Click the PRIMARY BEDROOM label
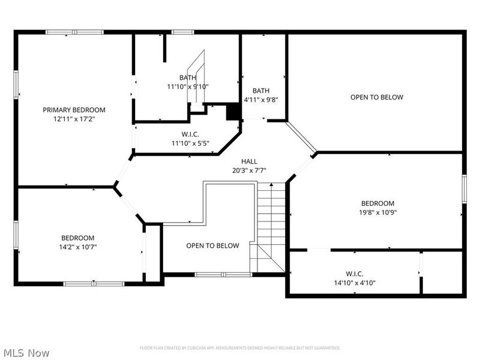74,110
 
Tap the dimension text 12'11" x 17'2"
74,119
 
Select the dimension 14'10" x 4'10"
355,283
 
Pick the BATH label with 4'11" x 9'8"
260,91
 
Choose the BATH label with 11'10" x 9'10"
187,77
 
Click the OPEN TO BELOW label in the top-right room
377,97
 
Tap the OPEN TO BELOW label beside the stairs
212,245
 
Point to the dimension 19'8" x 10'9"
377,212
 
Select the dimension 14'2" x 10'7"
77,247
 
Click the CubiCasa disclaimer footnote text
240,348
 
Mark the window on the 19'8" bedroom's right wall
463,187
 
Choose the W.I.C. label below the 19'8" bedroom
355,274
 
